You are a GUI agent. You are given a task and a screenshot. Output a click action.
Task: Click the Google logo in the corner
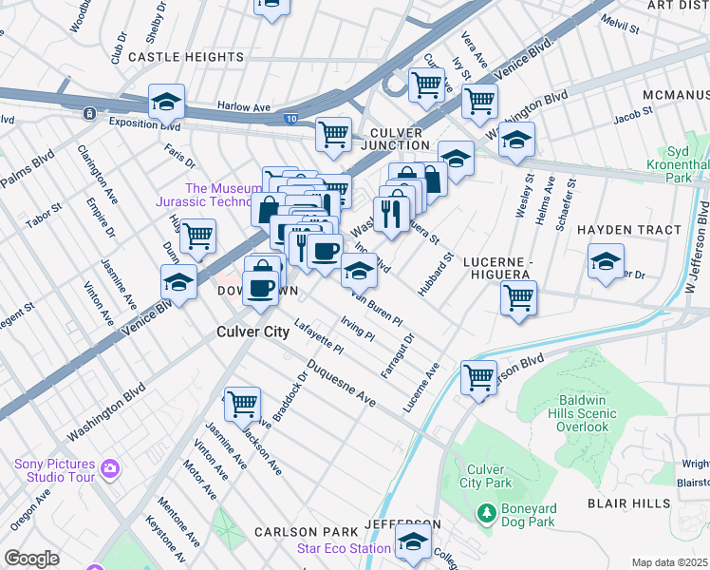31,559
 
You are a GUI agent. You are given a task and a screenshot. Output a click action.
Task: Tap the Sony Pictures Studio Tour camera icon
111,468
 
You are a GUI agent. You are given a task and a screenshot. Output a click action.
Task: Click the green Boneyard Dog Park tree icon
487,514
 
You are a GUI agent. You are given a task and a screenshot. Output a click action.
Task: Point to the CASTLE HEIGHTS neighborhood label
186,57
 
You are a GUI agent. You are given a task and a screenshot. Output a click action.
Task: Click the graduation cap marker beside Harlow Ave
166,101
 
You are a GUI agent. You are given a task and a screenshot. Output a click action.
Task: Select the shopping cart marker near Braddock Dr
242,403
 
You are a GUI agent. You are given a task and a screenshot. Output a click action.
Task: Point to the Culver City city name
252,332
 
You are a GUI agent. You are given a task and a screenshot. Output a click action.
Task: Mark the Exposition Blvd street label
144,123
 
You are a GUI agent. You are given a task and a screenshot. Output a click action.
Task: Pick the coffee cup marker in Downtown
260,287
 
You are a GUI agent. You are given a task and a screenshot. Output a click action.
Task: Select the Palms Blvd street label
27,169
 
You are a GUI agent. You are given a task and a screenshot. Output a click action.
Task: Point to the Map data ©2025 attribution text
668,562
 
